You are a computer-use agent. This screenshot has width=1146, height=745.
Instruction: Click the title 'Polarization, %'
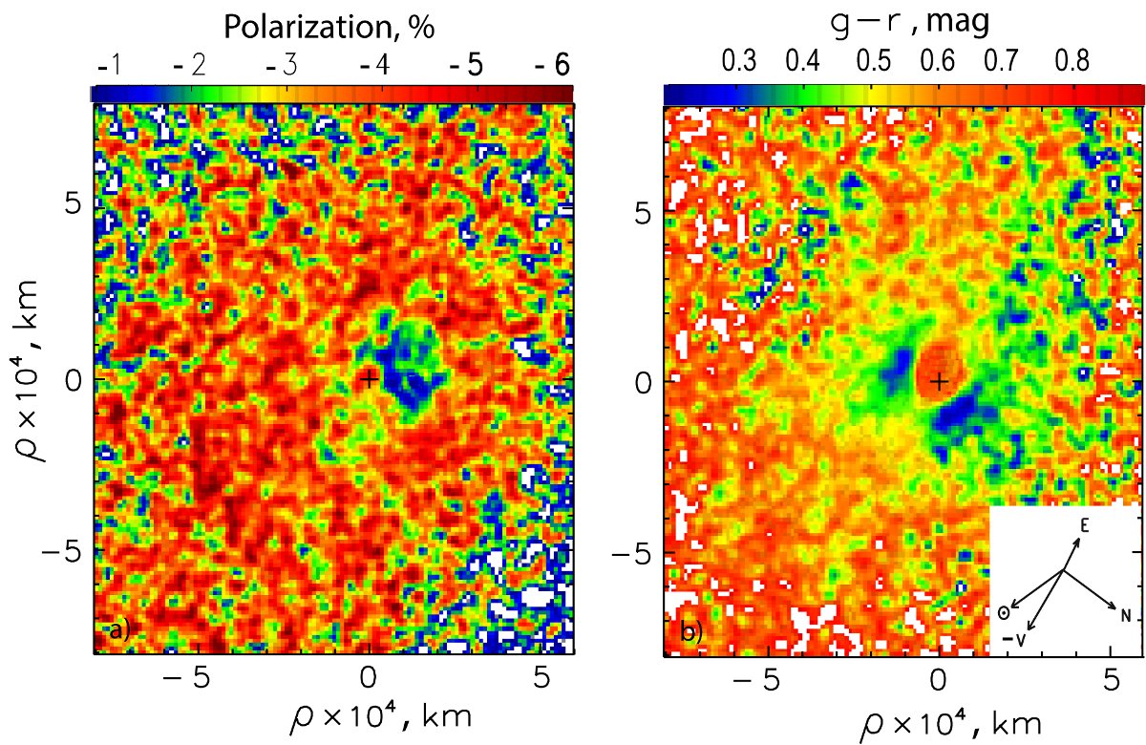329,29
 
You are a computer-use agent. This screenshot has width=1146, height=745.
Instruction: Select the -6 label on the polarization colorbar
551,65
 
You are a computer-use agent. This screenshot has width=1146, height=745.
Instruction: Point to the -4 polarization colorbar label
373,65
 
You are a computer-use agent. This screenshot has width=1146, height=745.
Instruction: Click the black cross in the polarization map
370,379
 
